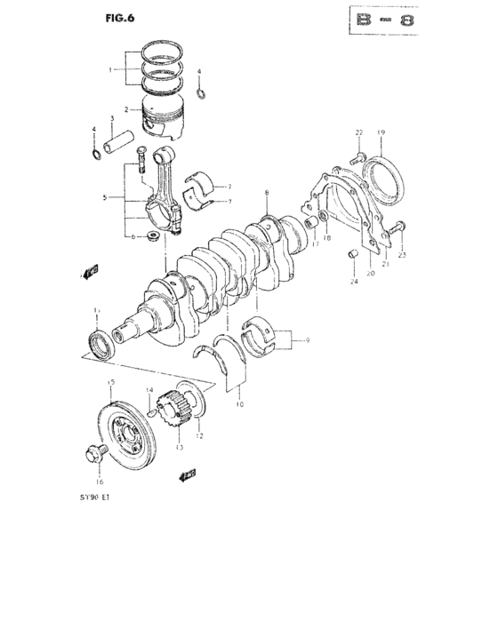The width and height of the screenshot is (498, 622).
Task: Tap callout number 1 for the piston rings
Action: pyautogui.click(x=110, y=68)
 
